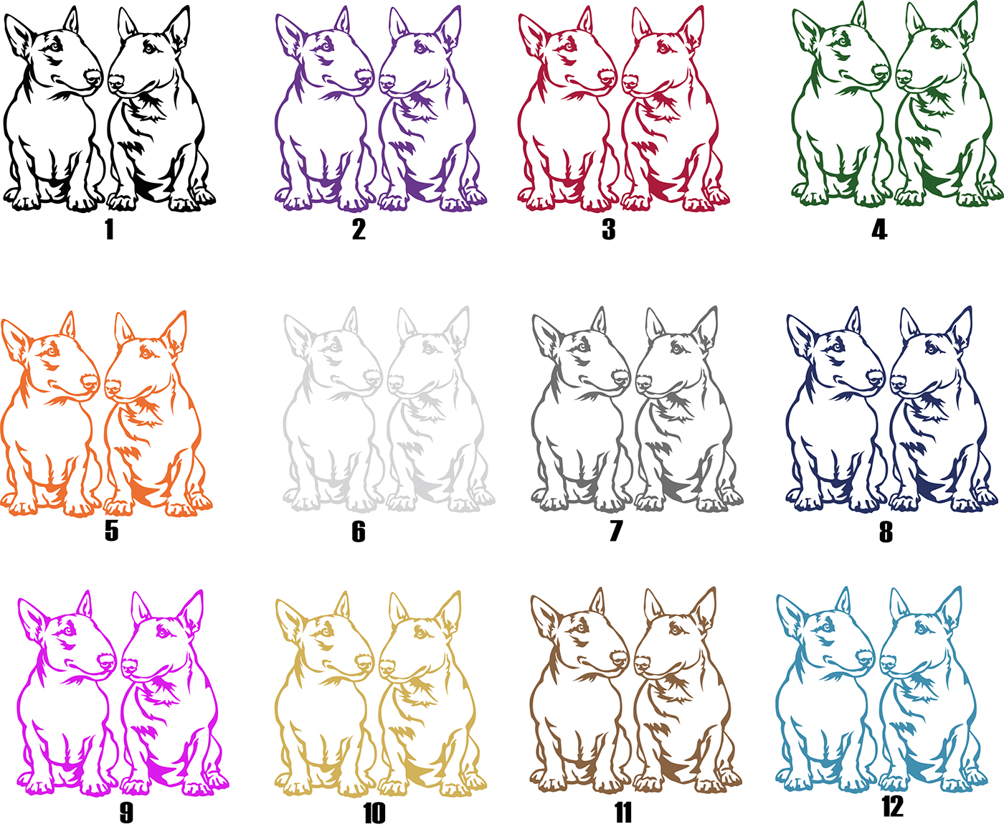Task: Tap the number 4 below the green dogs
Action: [879, 230]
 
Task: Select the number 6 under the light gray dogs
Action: [359, 531]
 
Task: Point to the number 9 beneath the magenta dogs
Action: [126, 813]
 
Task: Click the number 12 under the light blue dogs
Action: [892, 806]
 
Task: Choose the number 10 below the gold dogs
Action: [374, 813]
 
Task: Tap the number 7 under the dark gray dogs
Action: [616, 531]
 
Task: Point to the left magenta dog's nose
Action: [107, 661]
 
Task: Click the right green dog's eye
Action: [936, 43]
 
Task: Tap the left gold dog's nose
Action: [364, 661]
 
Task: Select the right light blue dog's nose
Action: [888, 662]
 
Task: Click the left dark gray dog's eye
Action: [583, 346]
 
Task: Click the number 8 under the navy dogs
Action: [886, 532]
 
